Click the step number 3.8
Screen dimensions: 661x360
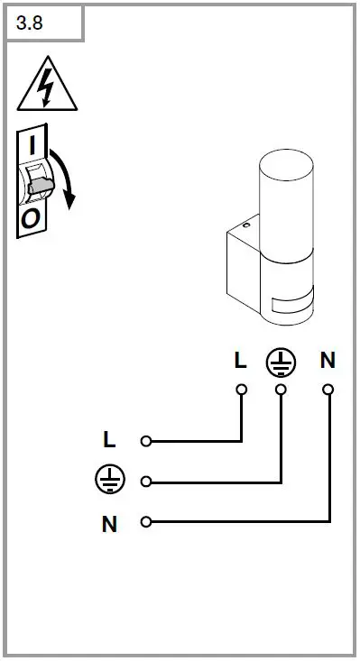pos(30,23)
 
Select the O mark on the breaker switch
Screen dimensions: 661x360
pos(31,217)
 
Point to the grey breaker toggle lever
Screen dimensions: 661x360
pos(40,187)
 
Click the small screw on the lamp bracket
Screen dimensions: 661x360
pos(245,225)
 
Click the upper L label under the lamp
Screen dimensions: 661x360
pos(240,361)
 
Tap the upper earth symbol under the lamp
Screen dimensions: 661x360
pos(281,362)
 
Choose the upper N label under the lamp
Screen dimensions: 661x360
pos(328,361)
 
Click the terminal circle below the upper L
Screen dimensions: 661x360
pos(241,390)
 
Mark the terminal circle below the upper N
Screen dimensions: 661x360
pos(328,390)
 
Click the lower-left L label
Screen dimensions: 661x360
pos(109,441)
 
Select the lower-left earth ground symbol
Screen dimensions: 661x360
pos(109,481)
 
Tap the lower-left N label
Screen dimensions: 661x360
pos(109,523)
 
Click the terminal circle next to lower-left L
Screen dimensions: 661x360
pos(145,441)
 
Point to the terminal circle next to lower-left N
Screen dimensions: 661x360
pos(145,521)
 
